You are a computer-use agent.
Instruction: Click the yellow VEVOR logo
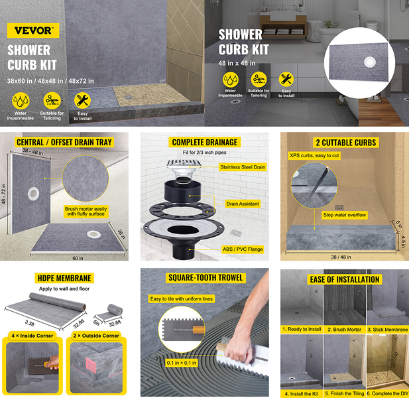point(33,31)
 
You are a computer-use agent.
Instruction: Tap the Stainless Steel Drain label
point(243,167)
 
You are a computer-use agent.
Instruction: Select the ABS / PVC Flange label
point(243,249)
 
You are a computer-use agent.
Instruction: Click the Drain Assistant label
point(243,204)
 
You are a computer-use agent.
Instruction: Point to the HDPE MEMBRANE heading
point(64,278)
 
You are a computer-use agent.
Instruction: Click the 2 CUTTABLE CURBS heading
point(345,143)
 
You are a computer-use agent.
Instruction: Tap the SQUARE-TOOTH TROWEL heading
point(205,278)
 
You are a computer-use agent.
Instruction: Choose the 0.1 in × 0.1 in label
point(182,363)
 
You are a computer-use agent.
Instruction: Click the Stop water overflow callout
point(344,215)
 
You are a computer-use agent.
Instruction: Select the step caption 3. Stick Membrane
point(388,330)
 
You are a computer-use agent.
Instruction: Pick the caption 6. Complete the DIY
point(388,393)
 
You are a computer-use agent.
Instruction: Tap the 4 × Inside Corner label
point(32,336)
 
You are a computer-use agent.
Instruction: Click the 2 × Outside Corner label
point(96,336)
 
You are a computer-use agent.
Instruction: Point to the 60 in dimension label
point(78,258)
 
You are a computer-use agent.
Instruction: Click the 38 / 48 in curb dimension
point(341,257)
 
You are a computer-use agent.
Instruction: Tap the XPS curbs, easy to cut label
point(314,155)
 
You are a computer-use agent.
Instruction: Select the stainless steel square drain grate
point(184,164)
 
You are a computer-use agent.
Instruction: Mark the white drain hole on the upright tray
point(33,194)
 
